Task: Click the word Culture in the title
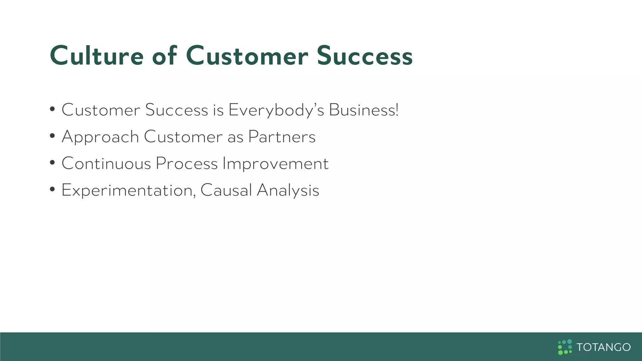97,56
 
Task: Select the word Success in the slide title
365,56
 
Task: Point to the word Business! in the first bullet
364,110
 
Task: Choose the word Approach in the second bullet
100,137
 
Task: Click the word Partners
282,137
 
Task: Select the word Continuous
106,164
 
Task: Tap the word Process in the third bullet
187,164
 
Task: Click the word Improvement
276,164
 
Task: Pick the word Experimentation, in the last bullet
129,191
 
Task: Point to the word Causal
226,190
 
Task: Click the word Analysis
288,191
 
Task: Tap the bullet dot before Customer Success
52,110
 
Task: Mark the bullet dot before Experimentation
52,190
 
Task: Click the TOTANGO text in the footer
603,347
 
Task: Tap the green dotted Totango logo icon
565,347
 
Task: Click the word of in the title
165,56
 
